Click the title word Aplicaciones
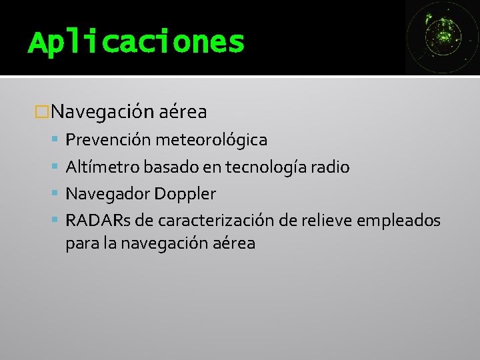pyautogui.click(x=136, y=43)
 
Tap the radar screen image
pyautogui.click(x=442, y=37)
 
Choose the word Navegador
pyautogui.click(x=108, y=194)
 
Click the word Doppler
pyautogui.click(x=185, y=195)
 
